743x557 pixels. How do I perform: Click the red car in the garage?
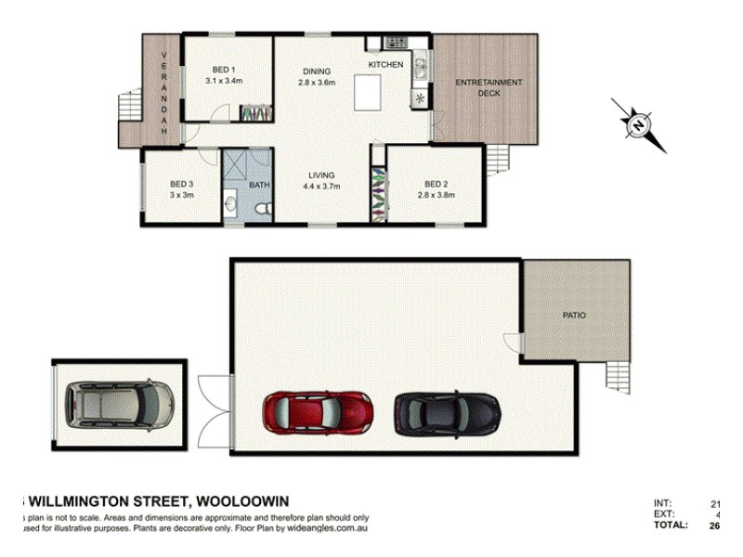click(x=319, y=413)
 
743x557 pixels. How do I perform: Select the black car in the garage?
click(x=447, y=413)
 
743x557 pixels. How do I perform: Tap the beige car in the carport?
click(x=119, y=405)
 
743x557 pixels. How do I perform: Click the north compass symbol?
click(x=639, y=125)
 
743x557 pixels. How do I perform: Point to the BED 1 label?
click(x=223, y=70)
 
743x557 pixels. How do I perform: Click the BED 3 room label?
click(x=181, y=184)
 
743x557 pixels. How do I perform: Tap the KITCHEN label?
click(x=386, y=64)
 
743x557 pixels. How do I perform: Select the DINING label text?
click(x=317, y=71)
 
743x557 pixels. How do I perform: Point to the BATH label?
click(x=258, y=185)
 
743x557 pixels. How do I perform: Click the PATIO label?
click(x=574, y=316)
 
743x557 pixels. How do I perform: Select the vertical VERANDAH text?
click(x=164, y=93)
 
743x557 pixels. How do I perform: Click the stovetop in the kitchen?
click(x=397, y=42)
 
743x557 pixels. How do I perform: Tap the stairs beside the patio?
click(x=618, y=377)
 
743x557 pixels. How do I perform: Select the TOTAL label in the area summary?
click(x=670, y=525)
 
